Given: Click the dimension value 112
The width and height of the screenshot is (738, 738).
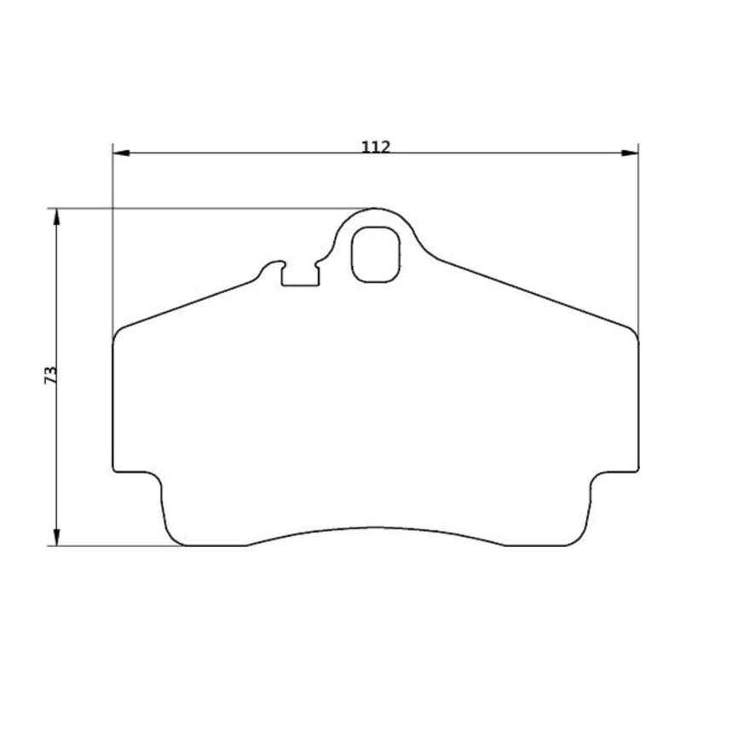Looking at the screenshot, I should tap(375, 146).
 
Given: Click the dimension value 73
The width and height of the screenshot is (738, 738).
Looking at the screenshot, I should tap(50, 376).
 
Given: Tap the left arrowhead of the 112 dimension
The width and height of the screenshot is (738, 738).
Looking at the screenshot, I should tap(121, 153).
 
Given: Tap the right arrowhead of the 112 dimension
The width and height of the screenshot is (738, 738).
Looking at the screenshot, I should tap(630, 153).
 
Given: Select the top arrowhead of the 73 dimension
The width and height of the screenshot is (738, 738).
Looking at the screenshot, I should tap(57, 216).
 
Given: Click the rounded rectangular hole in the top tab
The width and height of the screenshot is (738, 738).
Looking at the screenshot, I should tap(375, 254).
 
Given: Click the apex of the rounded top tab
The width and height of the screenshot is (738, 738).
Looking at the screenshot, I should tap(376, 208).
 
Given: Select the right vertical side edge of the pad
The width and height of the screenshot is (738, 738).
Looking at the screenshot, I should tap(638, 401).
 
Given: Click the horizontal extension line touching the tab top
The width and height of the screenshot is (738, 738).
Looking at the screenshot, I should tap(213, 208).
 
